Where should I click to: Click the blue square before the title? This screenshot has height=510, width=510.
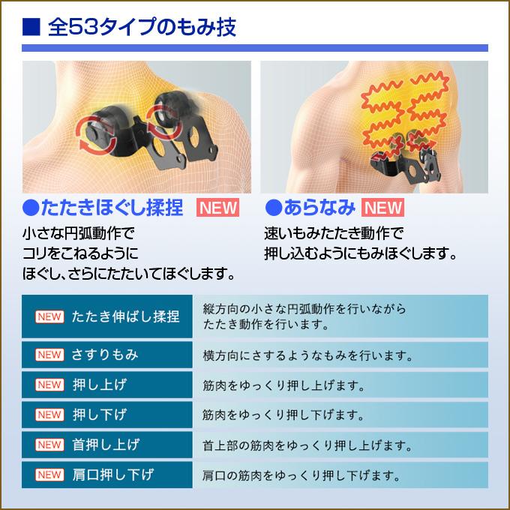[x=31, y=28]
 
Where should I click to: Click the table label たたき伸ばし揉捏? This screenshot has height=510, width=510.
[x=126, y=316]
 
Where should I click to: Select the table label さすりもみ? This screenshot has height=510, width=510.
[x=105, y=354]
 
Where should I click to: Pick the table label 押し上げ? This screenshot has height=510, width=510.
[x=99, y=385]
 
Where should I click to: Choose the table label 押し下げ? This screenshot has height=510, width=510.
[x=99, y=415]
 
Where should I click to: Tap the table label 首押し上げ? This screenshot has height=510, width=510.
[x=106, y=445]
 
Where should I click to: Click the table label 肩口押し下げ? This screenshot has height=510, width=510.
[x=112, y=475]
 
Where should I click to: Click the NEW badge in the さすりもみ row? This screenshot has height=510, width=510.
[x=49, y=354]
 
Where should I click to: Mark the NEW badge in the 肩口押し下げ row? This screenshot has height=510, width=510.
[x=49, y=475]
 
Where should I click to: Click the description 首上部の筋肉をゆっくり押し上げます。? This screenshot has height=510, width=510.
[x=307, y=445]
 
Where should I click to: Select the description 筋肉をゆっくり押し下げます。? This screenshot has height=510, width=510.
[x=283, y=415]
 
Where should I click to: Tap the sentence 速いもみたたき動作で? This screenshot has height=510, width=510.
[x=334, y=232]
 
